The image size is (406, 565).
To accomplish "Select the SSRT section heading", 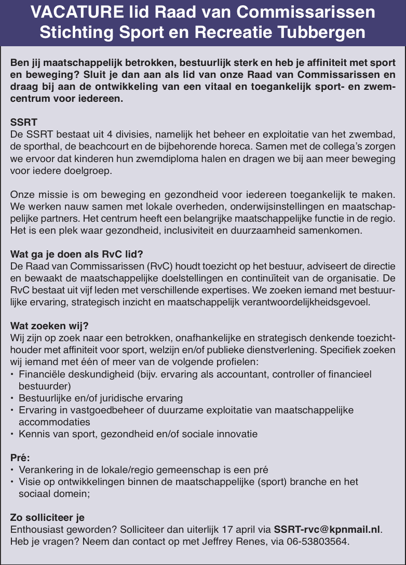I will click(24, 123).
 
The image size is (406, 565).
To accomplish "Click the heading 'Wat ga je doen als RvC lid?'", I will click(77, 254).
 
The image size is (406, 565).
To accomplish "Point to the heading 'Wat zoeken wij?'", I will click(50, 326).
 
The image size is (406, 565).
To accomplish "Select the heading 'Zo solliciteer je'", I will click(48, 518).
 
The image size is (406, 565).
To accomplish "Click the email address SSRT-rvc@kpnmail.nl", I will click(327, 530).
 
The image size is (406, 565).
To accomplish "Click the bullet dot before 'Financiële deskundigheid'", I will click(12, 374).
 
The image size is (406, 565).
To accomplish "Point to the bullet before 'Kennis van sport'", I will click(12, 434).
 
